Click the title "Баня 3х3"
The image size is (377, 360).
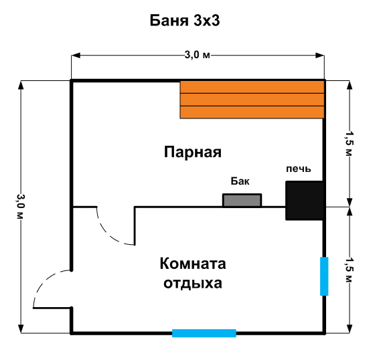point(185,21)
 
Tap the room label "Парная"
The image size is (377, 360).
point(193,152)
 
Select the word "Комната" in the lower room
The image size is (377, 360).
point(193,264)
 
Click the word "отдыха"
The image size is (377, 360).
point(193,283)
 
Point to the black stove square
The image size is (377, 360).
point(305,201)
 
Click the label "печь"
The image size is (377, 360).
point(299,169)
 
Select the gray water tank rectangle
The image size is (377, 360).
point(242,200)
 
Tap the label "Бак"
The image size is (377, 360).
point(240,181)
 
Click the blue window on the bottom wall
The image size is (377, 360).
point(204,333)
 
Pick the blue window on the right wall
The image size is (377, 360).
point(324,276)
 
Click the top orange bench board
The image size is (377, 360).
point(252,87)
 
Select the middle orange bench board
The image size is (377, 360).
point(252,100)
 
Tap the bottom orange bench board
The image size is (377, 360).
point(252,112)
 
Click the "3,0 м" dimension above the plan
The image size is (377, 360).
point(197,56)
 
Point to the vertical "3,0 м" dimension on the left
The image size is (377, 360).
point(21,207)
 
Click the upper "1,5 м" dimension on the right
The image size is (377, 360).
point(350,143)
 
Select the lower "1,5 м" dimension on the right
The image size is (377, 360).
point(350,270)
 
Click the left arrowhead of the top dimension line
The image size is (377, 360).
point(76,56)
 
